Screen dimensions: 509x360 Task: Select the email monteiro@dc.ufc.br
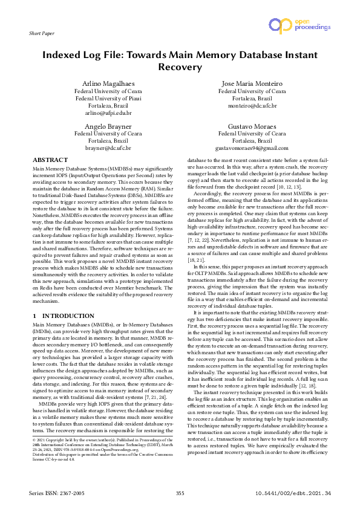pos(252,105)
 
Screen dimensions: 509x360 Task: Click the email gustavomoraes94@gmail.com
pos(252,148)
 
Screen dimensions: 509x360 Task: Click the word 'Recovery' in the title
pos(180,68)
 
